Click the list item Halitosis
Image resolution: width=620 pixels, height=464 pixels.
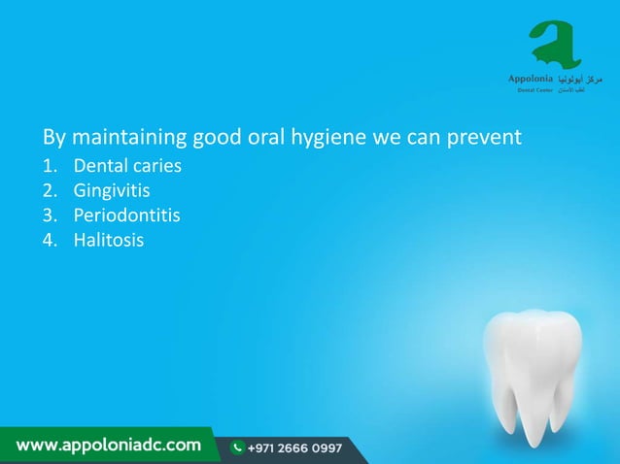point(108,239)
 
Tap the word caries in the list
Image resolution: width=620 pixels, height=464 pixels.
point(156,166)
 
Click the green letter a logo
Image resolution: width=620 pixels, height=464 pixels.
point(556,44)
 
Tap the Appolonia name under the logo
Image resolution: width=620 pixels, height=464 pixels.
point(532,77)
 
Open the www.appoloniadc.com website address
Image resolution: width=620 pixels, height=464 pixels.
point(108,447)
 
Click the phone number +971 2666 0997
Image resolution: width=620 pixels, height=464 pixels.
point(294,448)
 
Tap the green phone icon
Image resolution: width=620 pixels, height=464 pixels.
point(237,448)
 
